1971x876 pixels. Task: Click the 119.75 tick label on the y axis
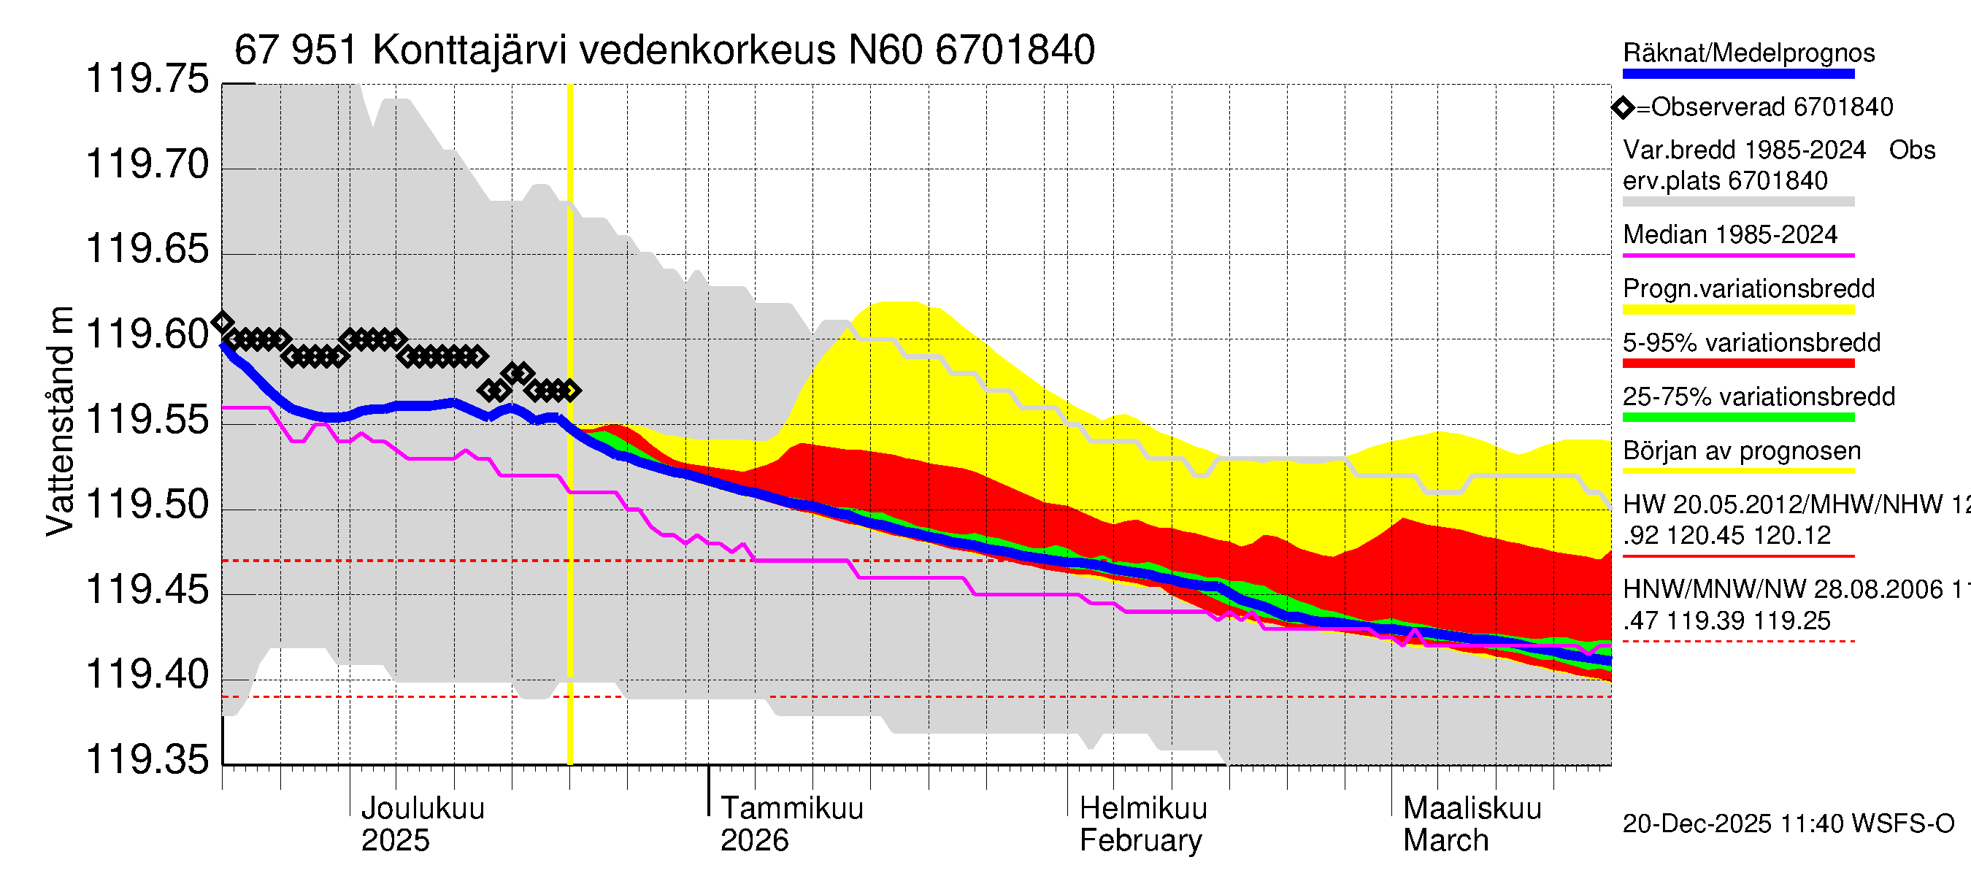pyautogui.click(x=147, y=80)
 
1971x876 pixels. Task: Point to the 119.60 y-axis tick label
pyautogui.click(x=147, y=335)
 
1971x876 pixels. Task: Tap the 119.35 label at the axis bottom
pyautogui.click(x=147, y=760)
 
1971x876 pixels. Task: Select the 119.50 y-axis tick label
pyautogui.click(x=147, y=505)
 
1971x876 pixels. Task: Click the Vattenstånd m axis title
pyautogui.click(x=60, y=420)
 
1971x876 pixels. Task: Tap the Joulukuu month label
pyautogui.click(x=423, y=808)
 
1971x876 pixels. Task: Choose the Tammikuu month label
pyautogui.click(x=791, y=808)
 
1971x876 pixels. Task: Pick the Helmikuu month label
pyautogui.click(x=1142, y=808)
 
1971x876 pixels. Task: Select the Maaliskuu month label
pyautogui.click(x=1472, y=808)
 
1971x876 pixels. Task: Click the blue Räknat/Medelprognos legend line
pyautogui.click(x=1737, y=74)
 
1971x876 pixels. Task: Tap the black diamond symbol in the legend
pyautogui.click(x=1623, y=108)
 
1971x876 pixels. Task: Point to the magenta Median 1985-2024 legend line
pyautogui.click(x=1737, y=255)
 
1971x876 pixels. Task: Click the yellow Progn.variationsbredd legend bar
pyautogui.click(x=1737, y=310)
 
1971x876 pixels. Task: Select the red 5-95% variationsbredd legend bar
pyautogui.click(x=1737, y=364)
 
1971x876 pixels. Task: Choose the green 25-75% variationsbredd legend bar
pyautogui.click(x=1737, y=418)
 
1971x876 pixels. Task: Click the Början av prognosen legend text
pyautogui.click(x=1742, y=451)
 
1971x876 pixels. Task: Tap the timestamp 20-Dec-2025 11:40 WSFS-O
pyautogui.click(x=1788, y=824)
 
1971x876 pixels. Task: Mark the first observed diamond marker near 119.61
pyautogui.click(x=223, y=321)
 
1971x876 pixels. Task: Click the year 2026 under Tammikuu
pyautogui.click(x=753, y=841)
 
